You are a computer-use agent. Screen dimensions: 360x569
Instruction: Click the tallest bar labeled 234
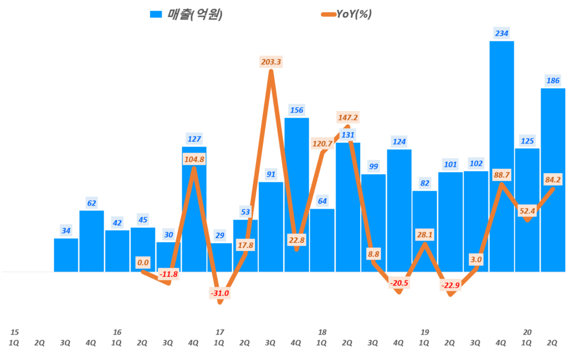501,156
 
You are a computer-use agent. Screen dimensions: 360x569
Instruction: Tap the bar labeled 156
296,194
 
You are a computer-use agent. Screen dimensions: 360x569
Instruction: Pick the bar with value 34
66,255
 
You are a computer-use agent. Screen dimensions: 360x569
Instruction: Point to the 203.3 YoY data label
271,62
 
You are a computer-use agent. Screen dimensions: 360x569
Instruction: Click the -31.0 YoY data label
220,293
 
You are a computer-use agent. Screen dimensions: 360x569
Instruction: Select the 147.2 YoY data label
347,117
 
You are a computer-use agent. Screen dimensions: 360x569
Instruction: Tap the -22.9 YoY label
451,286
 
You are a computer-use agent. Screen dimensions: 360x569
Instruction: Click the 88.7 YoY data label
502,175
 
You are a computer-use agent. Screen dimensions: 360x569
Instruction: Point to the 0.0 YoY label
143,262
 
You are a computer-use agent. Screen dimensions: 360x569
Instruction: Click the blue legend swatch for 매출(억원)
156,14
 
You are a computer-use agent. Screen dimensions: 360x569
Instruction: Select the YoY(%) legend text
354,14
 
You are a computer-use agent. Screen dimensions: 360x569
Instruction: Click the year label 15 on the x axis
14,332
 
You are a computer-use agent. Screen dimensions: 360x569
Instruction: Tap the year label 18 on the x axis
322,332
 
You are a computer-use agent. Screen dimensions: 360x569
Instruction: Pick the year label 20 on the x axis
527,332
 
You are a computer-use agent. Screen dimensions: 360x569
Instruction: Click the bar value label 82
425,183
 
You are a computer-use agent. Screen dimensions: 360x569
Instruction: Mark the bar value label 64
322,201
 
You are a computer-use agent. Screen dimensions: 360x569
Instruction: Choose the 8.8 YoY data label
373,254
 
